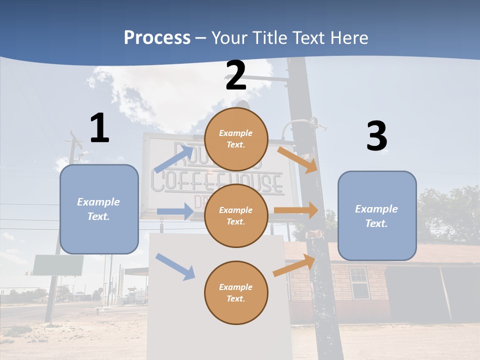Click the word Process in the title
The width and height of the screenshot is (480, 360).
click(157, 37)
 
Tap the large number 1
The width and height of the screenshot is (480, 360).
click(99, 128)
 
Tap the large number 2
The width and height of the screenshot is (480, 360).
click(235, 75)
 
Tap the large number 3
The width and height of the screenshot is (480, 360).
click(376, 136)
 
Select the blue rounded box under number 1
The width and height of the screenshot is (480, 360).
click(99, 209)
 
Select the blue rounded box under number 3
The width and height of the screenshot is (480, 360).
click(377, 215)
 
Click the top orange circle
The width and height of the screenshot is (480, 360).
click(236, 139)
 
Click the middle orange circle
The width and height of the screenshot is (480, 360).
click(236, 215)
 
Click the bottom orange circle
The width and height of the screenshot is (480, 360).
click(236, 292)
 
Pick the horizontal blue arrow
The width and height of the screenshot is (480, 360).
click(175, 211)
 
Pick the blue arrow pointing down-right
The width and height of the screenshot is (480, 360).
click(175, 266)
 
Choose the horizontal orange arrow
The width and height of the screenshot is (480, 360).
click(296, 210)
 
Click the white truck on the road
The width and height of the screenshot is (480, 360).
click(136, 297)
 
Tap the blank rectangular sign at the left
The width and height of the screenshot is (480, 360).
click(58, 265)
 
